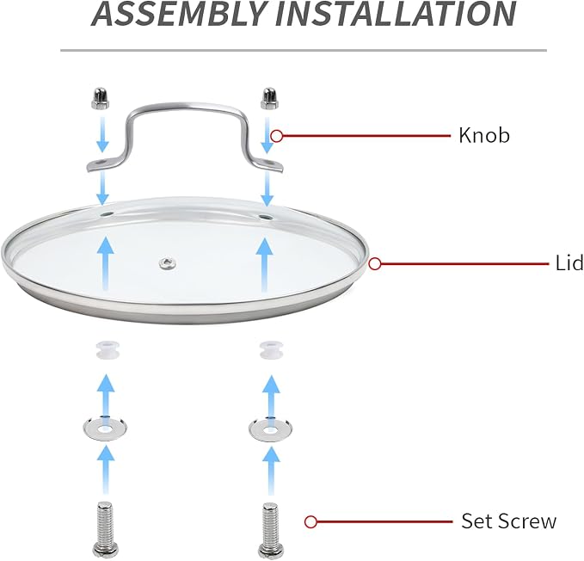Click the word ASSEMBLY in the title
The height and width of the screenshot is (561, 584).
point(178,14)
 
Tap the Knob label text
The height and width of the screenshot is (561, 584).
point(484,135)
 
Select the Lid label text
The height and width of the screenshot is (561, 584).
point(569,263)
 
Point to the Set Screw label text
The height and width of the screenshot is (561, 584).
point(509,521)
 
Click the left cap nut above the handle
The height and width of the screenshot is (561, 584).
point(101,98)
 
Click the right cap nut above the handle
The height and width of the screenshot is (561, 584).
point(269,99)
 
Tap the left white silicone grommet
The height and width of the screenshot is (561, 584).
point(106,349)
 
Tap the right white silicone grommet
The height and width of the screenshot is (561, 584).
point(271,350)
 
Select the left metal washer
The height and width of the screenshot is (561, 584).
point(105,428)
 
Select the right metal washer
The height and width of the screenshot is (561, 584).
point(270,429)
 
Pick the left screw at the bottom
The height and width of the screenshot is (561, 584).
point(105,529)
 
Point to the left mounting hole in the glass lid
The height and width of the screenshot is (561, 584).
point(106,214)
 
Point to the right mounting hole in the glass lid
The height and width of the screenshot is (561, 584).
point(267,217)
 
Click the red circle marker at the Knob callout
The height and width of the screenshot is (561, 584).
point(276,136)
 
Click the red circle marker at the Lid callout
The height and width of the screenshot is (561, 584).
point(375,264)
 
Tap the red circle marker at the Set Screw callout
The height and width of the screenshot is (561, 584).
point(310,521)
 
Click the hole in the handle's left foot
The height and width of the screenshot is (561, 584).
point(101,163)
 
